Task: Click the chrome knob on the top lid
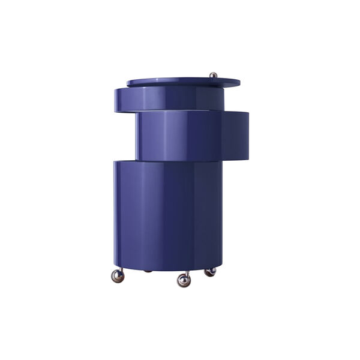pos(213,75)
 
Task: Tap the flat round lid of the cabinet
pos(180,81)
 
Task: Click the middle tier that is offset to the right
pos(192,136)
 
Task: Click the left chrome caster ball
pos(118,276)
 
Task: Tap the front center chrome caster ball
pos(184,280)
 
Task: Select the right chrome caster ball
pos(210,272)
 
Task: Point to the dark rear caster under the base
pos(148,271)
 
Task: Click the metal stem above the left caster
pos(120,269)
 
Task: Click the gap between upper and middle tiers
pos(180,112)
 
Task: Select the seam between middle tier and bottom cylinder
pos(180,161)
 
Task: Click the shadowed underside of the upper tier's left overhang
pos(126,112)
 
